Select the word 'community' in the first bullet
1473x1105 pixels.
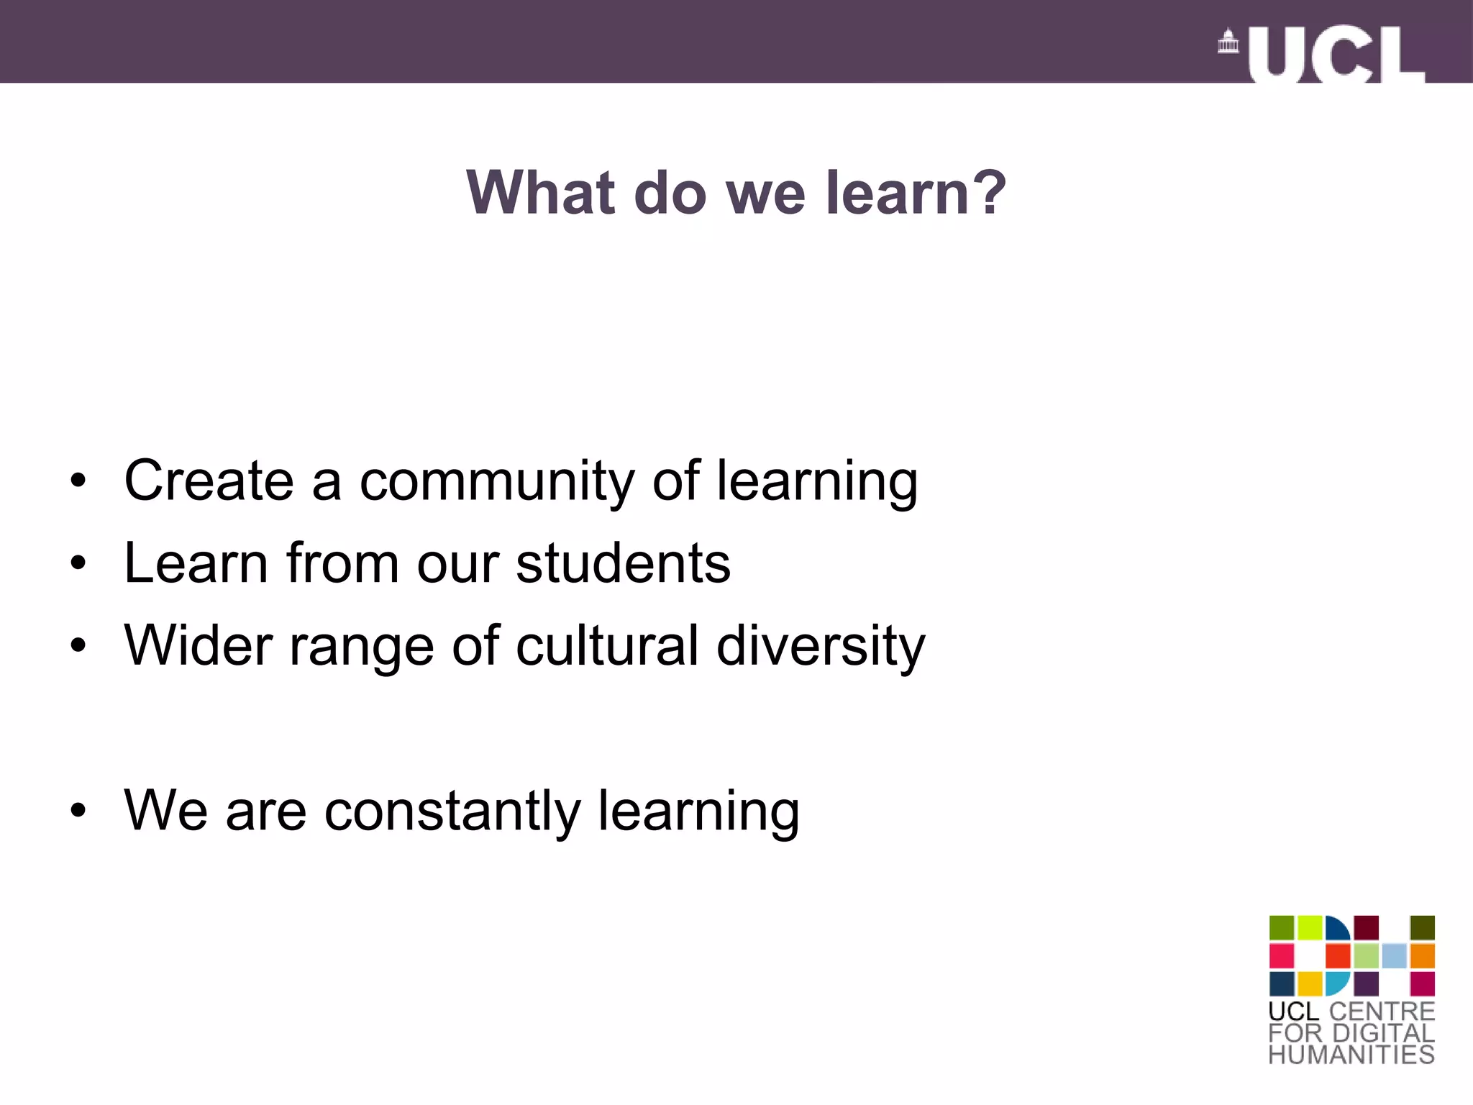[497, 481]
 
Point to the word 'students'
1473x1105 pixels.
[623, 563]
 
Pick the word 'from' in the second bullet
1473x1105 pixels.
[342, 563]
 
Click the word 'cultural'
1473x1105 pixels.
[607, 645]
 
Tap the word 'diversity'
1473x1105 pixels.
[821, 645]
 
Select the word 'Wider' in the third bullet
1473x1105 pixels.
[198, 645]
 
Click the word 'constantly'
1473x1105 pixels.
[452, 811]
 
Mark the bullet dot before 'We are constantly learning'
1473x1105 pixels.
[78, 811]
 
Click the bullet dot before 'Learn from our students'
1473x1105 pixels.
[78, 563]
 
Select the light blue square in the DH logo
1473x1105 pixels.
[1394, 956]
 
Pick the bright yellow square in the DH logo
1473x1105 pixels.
[1310, 983]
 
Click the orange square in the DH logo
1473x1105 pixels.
[1422, 956]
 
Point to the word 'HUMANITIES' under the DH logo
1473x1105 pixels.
[1351, 1055]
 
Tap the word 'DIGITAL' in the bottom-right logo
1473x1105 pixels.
[1383, 1034]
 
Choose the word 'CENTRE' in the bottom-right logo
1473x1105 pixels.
[1382, 1011]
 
